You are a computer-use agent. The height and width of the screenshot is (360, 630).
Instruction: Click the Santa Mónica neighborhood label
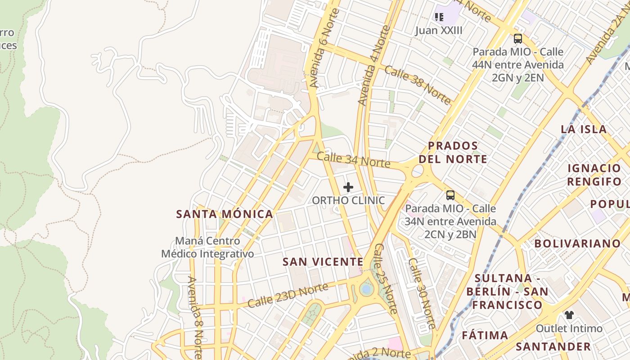(x=225, y=214)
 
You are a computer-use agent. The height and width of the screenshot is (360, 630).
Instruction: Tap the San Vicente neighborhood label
(x=323, y=262)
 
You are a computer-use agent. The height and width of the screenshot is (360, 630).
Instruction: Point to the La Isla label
(x=584, y=129)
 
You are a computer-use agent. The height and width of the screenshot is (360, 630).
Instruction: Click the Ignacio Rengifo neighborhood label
(x=594, y=175)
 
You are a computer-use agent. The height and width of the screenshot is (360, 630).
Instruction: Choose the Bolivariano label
(x=577, y=243)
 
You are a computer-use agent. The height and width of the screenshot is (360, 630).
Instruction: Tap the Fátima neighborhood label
(x=485, y=335)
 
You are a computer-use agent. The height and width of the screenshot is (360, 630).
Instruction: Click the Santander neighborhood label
(x=553, y=346)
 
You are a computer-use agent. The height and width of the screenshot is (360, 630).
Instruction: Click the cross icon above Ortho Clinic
(x=348, y=187)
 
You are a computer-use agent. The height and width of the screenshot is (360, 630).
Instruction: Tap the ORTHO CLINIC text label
(x=349, y=200)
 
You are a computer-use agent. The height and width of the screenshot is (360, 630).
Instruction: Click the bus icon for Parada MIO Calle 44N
(x=518, y=39)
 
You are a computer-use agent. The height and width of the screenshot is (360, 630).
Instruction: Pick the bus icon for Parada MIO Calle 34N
(x=450, y=195)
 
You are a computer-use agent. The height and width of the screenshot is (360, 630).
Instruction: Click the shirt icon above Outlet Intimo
(x=569, y=315)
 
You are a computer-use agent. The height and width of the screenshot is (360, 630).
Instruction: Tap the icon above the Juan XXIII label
(x=439, y=17)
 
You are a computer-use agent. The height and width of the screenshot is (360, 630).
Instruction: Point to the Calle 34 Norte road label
(x=353, y=160)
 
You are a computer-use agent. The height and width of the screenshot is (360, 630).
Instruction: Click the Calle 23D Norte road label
(x=288, y=296)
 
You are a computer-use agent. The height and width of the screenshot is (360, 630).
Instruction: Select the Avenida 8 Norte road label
(x=195, y=317)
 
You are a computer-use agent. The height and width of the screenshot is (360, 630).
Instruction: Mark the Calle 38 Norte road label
(x=417, y=85)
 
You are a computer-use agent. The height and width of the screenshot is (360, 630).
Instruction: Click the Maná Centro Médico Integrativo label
(x=207, y=247)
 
